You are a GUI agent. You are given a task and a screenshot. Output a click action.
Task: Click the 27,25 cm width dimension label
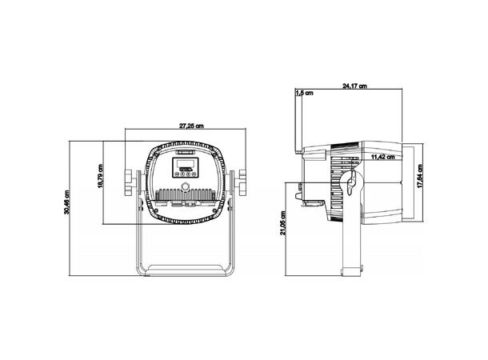click(191, 126)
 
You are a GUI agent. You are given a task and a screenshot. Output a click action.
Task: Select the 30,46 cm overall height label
click(66, 202)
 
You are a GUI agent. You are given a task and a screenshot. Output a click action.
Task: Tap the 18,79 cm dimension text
click(100, 176)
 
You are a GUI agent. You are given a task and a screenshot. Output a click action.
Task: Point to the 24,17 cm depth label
click(354, 86)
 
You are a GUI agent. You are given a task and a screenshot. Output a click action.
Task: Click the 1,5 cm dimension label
click(305, 93)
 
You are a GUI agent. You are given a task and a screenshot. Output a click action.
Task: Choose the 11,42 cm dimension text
click(383, 157)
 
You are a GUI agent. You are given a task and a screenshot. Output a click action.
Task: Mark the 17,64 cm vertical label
click(420, 176)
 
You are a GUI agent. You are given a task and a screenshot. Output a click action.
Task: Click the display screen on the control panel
click(186, 163)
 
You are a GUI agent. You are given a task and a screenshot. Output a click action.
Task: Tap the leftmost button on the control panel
click(177, 174)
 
